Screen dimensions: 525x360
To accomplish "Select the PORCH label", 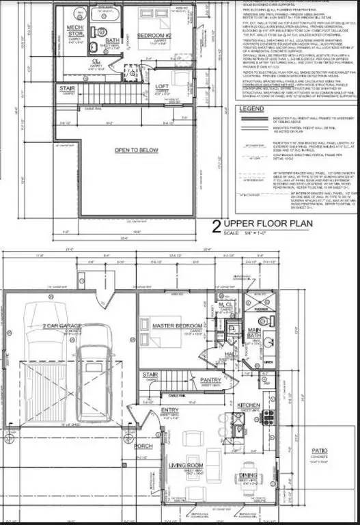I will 142,447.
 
